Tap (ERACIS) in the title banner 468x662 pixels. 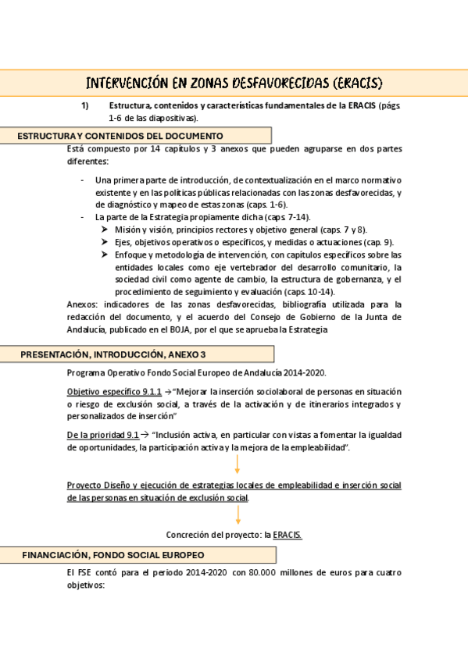(x=356, y=82)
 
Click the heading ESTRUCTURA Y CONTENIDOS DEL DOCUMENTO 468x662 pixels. (x=120, y=136)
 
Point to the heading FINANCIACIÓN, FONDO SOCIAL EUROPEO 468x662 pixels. (x=113, y=555)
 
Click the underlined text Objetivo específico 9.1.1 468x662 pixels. (x=111, y=390)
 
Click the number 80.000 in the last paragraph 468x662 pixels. (x=265, y=572)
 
